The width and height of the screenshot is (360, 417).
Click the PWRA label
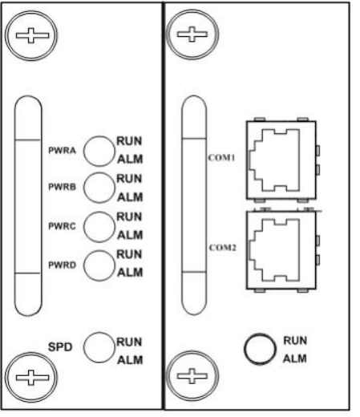[x=62, y=151]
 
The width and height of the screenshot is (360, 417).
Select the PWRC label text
[x=62, y=226]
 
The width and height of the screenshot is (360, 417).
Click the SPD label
[x=60, y=347]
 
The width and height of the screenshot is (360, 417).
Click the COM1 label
[x=222, y=158]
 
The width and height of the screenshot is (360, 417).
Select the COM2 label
[x=223, y=248]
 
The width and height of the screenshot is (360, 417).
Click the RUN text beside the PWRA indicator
[x=129, y=141]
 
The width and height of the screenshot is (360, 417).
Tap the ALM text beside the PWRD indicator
[x=130, y=273]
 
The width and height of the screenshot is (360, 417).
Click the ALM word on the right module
[x=295, y=358]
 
